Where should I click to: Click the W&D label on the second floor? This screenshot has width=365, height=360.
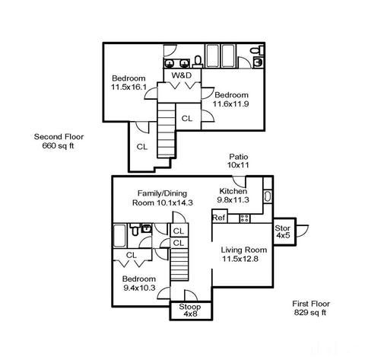(x=181, y=75)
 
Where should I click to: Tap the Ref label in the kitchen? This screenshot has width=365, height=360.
(x=219, y=218)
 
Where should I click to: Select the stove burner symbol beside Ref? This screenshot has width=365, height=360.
(x=245, y=218)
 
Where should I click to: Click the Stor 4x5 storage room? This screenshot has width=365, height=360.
(x=284, y=231)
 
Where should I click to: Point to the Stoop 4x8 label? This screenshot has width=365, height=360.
(x=190, y=311)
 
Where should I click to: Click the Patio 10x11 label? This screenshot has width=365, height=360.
(x=238, y=161)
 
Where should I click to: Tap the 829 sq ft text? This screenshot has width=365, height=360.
(x=310, y=313)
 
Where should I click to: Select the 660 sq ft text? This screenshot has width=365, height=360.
(x=59, y=146)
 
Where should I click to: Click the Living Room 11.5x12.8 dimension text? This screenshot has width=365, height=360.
(x=240, y=259)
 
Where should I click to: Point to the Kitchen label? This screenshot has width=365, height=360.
(x=233, y=191)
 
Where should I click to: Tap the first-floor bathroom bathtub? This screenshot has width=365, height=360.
(x=119, y=236)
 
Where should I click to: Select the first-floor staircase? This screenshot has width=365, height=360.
(x=179, y=264)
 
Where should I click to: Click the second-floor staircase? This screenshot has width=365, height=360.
(x=167, y=130)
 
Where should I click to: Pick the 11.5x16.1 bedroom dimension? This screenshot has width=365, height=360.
(x=129, y=88)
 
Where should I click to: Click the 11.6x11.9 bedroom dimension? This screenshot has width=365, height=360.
(x=230, y=104)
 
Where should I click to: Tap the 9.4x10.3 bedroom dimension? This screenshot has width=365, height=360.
(x=139, y=288)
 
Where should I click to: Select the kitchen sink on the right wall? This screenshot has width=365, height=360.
(x=268, y=196)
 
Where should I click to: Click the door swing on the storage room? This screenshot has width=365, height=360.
(x=302, y=231)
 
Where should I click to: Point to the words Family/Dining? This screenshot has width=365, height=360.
(x=162, y=193)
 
